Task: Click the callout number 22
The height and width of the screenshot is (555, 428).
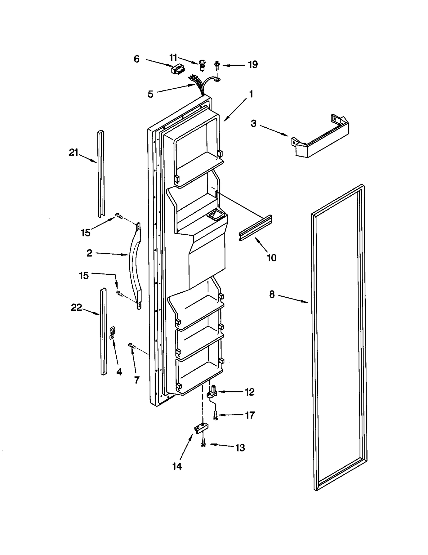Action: click(76, 307)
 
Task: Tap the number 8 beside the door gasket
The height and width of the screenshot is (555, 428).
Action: click(272, 294)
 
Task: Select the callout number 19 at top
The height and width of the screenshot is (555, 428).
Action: click(253, 64)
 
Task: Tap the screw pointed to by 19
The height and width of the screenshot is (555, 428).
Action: click(217, 66)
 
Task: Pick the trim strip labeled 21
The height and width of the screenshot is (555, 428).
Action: click(101, 174)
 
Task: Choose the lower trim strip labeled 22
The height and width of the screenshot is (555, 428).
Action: click(103, 332)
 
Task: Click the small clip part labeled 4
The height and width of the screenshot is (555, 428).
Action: click(113, 333)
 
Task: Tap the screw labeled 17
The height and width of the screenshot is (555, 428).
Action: click(216, 415)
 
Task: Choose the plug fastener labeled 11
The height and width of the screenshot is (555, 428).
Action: click(202, 65)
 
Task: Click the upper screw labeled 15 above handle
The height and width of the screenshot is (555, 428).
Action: click(119, 215)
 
